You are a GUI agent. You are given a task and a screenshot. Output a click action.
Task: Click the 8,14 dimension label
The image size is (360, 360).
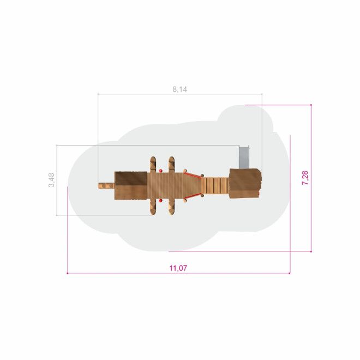pos(180,89)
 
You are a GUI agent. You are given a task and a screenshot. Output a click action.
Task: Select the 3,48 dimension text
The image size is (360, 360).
pos(51,180)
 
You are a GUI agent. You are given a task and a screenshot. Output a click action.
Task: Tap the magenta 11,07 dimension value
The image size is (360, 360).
pos(178,268)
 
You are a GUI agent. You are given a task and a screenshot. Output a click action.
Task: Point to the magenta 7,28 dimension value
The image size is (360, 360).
pos(305,178)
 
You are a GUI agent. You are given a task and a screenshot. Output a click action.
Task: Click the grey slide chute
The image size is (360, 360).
pos(244,158)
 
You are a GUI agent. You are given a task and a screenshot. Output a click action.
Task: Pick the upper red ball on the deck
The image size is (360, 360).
pos(161,171)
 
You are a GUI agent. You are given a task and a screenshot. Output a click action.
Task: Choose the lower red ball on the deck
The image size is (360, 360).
pos(161,201)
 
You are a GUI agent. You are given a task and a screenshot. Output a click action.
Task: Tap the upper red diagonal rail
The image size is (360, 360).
pos(193,176)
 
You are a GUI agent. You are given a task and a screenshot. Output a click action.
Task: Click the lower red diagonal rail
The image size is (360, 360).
pos(193,196)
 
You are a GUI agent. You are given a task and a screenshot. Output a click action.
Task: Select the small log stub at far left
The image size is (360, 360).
pos(106,186)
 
